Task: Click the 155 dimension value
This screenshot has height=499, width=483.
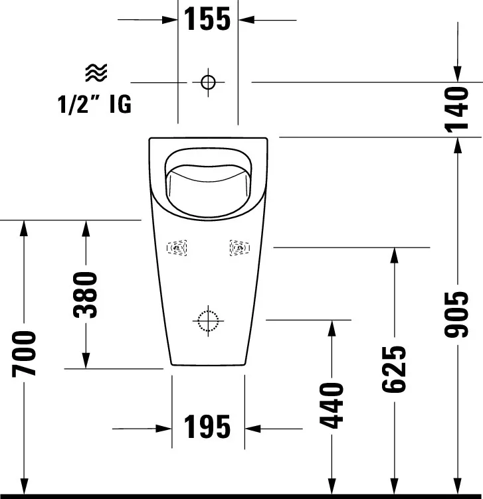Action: coord(207,19)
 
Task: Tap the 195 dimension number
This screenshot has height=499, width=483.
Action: coord(207,427)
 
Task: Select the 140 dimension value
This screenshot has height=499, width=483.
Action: coord(456,109)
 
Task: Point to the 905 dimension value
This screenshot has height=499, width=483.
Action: coord(456,314)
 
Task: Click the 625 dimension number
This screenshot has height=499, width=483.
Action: coord(394,369)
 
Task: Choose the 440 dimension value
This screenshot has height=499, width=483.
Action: coord(332,405)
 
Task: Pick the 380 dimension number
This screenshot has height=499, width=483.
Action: coord(85,295)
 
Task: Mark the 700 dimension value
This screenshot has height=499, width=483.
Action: coord(24,354)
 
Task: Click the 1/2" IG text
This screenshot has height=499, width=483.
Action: coord(94,104)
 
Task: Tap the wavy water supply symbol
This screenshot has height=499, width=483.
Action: coord(96,72)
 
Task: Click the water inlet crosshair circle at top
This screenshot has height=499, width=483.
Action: coord(208,82)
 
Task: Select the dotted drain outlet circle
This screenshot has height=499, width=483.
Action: coord(208,321)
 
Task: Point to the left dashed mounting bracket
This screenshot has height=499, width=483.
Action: coord(177,248)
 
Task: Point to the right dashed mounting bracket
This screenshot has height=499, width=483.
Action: coord(240,248)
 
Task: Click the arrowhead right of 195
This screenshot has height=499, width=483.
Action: coord(252,429)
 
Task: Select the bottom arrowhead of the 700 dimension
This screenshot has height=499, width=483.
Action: coord(24,487)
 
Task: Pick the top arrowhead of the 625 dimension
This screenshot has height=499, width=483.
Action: coord(395,255)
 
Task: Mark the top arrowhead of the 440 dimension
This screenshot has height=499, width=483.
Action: coord(332,328)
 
